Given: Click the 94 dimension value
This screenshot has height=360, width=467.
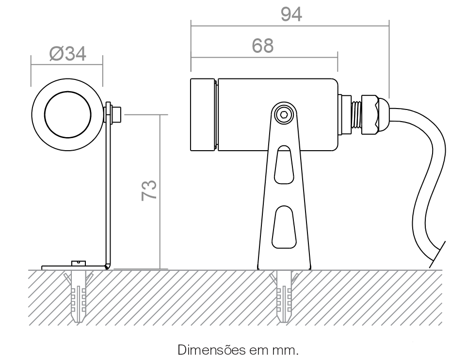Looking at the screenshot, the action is [x=291, y=14].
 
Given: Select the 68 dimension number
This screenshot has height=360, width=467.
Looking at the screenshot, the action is [x=262, y=46].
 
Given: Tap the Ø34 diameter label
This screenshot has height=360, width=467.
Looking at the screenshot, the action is [x=68, y=54].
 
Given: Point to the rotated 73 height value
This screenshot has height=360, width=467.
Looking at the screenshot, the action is [x=149, y=190].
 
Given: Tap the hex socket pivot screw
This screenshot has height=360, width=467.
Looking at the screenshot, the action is [x=284, y=114].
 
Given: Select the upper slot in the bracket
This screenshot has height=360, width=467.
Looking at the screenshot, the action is [x=284, y=165].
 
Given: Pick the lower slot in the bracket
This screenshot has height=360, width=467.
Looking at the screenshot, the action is [x=284, y=227].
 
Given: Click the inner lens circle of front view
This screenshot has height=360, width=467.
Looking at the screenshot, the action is [x=67, y=115].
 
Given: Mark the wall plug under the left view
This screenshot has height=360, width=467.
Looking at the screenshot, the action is [x=79, y=297].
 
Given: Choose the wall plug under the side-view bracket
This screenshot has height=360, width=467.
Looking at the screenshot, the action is [x=284, y=297].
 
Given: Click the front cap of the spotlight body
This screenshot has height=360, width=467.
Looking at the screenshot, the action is [x=203, y=114].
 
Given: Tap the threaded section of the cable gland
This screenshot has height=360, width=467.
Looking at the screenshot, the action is [x=356, y=114].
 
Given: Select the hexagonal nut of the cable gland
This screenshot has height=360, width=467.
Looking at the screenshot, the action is [x=370, y=114].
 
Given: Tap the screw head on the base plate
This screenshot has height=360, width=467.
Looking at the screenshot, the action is [x=79, y=263].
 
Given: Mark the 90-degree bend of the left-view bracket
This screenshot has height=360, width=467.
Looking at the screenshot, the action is [x=108, y=266].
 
